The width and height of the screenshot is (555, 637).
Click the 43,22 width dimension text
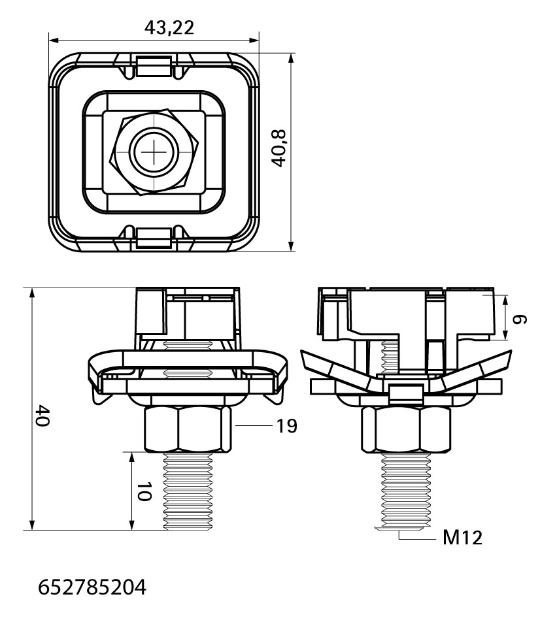point(169,27)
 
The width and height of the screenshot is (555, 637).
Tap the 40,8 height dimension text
point(279,148)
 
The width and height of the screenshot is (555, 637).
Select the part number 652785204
point(92,587)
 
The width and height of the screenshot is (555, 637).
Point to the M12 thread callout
point(462,538)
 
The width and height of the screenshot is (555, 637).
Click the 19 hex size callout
point(286,426)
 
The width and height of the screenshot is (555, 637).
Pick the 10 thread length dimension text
point(144,491)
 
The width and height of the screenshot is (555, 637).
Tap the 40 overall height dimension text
point(42,415)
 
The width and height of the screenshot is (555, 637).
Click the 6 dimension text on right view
point(519,319)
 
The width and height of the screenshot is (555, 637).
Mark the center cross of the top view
point(155,152)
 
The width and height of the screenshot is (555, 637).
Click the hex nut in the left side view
point(188,429)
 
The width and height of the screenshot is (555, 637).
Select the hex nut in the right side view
point(406,430)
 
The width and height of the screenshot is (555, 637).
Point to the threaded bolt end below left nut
point(188,491)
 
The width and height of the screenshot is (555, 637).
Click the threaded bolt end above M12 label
point(405,493)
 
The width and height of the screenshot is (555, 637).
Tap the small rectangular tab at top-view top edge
point(153,66)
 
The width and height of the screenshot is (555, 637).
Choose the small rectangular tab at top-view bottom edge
point(153,238)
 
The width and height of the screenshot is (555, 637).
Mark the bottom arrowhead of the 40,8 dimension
point(291,246)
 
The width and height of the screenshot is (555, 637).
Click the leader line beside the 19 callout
point(254,425)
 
